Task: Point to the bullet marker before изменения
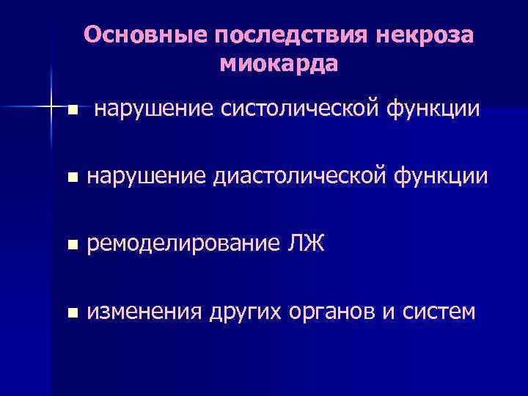click(x=71, y=313)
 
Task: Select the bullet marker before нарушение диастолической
click(x=71, y=177)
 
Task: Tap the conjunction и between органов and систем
click(x=387, y=312)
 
